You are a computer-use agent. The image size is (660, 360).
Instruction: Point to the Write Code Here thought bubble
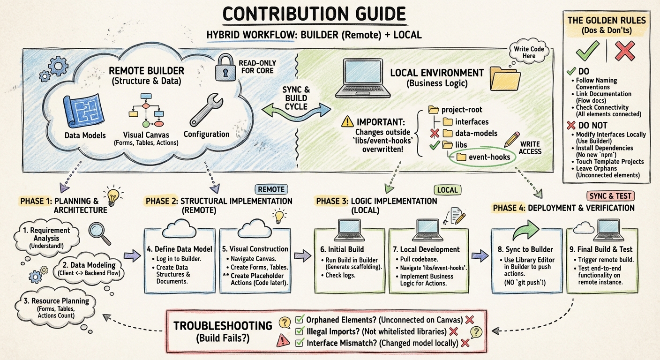click(528, 53)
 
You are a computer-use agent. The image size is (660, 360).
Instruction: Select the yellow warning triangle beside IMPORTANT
click(347, 121)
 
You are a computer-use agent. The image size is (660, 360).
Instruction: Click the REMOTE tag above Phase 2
click(271, 189)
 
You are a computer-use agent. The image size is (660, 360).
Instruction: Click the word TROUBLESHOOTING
click(223, 326)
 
